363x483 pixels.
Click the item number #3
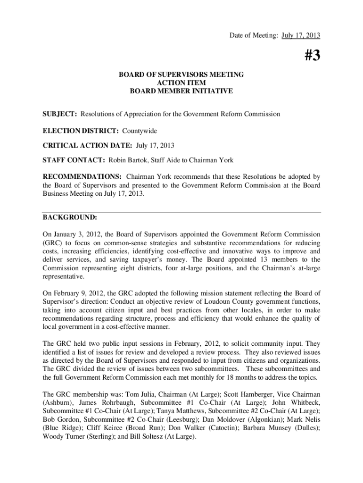click(x=309, y=56)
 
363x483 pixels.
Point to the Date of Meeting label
click(x=254, y=35)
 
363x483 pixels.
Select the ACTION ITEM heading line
click(x=181, y=83)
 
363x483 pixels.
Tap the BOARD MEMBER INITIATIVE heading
click(x=181, y=91)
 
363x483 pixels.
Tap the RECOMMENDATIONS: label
click(x=82, y=176)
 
